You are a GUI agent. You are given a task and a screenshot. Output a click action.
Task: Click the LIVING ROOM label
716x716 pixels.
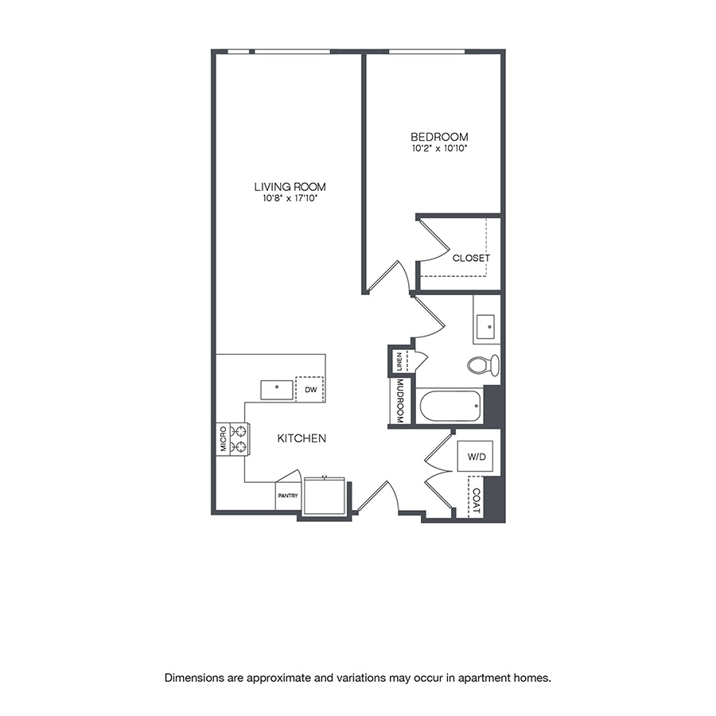pyautogui.click(x=290, y=187)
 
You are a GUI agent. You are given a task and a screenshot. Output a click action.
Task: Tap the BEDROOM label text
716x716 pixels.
pyautogui.click(x=439, y=137)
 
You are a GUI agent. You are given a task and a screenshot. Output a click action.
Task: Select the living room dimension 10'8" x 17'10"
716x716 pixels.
pyautogui.click(x=290, y=199)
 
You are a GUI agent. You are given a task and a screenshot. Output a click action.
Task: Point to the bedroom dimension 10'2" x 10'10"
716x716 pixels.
pyautogui.click(x=439, y=149)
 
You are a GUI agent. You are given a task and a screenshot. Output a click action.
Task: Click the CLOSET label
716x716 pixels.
pyautogui.click(x=471, y=258)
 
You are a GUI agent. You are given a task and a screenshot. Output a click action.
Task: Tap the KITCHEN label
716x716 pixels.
pyautogui.click(x=302, y=438)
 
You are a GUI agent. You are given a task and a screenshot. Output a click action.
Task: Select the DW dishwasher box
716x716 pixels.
pyautogui.click(x=310, y=389)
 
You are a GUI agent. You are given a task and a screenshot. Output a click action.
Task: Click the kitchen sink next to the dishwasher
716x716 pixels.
pyautogui.click(x=276, y=390)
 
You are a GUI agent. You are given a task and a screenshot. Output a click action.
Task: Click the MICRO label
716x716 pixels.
pyautogui.click(x=224, y=438)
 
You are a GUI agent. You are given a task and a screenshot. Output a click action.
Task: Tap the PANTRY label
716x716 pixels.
pyautogui.click(x=287, y=496)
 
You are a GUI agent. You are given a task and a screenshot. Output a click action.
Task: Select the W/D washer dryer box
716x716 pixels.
pyautogui.click(x=476, y=457)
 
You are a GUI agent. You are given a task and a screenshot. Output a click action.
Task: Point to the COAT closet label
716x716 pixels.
pyautogui.click(x=476, y=496)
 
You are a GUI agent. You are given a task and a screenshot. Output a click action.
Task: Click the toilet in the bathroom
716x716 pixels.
pyautogui.click(x=483, y=365)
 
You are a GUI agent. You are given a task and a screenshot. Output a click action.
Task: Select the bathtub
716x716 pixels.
pyautogui.click(x=450, y=406)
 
